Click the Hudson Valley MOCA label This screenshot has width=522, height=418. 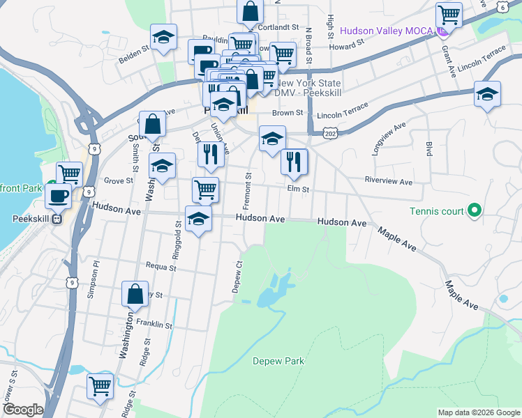point(386,31)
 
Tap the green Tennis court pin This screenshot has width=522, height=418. point(475,209)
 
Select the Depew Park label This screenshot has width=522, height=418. point(278,361)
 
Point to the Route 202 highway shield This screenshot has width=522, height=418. point(330,132)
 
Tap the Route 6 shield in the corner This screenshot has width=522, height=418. point(502,7)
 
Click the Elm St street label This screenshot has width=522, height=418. point(297,188)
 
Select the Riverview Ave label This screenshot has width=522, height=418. point(389,181)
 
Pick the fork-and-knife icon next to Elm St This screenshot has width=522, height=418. point(294,162)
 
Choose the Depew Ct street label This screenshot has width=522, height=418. point(237,277)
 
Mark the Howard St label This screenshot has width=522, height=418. point(348,45)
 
